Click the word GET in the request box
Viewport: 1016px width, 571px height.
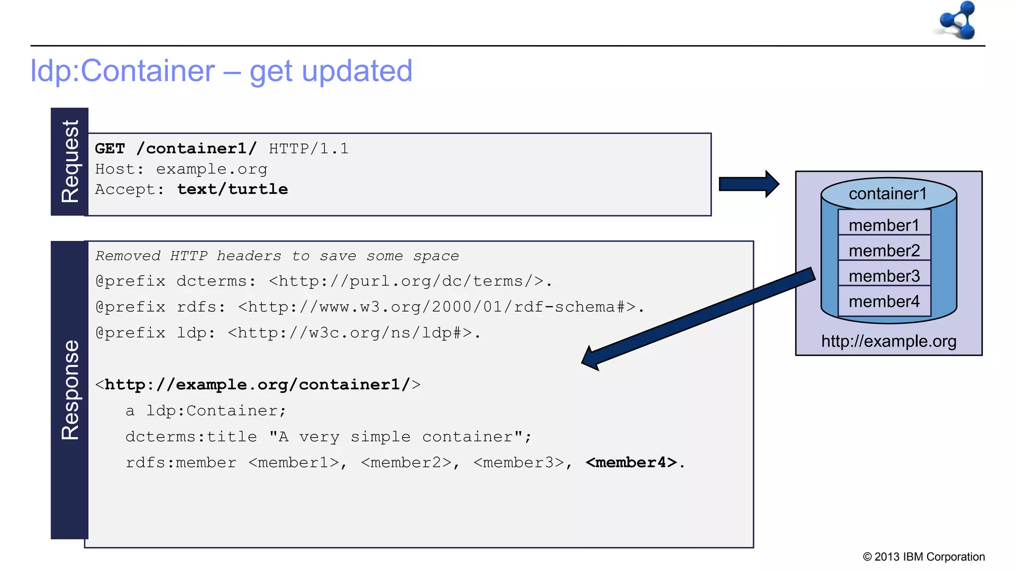pyautogui.click(x=110, y=149)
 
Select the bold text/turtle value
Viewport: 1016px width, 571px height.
pyautogui.click(x=232, y=189)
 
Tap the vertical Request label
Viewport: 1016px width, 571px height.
pyautogui.click(x=70, y=162)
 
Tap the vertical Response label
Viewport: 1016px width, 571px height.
pyautogui.click(x=70, y=390)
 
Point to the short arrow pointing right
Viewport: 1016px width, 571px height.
pyautogui.click(x=748, y=184)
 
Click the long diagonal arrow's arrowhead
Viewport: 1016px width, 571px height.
pyautogui.click(x=592, y=358)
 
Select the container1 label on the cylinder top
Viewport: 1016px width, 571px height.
pyautogui.click(x=888, y=194)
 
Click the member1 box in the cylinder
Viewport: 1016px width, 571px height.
pyautogui.click(x=884, y=226)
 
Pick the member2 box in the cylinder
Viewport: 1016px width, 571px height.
pyautogui.click(x=884, y=251)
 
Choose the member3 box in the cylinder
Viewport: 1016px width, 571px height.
pyautogui.click(x=884, y=276)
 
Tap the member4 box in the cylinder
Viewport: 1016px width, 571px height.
pyautogui.click(x=884, y=301)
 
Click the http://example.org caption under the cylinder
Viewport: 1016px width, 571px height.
pyautogui.click(x=889, y=342)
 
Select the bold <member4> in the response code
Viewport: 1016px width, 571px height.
pyautogui.click(x=631, y=462)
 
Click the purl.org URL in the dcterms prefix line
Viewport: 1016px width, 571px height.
pyautogui.click(x=410, y=282)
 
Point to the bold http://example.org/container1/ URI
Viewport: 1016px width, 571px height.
pyautogui.click(x=257, y=385)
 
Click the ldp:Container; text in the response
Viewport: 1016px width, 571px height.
pyautogui.click(x=216, y=411)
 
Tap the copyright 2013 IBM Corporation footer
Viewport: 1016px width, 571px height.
pyautogui.click(x=924, y=557)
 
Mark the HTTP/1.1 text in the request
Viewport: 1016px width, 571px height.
pyautogui.click(x=309, y=149)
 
